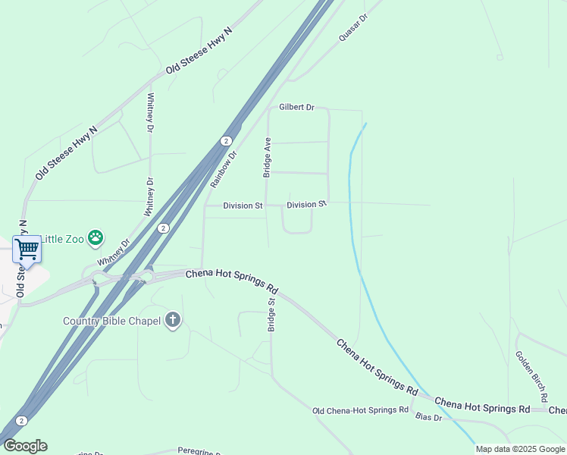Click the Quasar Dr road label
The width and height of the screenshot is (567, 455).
click(353, 27)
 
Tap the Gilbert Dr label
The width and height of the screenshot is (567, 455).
click(296, 108)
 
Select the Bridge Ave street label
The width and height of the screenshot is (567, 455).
click(267, 158)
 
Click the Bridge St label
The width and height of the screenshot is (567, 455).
click(271, 314)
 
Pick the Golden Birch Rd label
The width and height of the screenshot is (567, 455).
click(531, 375)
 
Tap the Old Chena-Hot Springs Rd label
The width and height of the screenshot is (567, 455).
click(361, 411)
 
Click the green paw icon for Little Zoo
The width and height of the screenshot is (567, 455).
click(96, 239)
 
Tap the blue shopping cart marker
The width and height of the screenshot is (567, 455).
click(27, 249)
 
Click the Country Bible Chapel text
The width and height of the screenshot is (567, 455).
click(111, 321)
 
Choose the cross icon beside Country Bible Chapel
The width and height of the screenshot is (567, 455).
click(173, 320)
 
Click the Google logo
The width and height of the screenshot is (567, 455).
click(25, 446)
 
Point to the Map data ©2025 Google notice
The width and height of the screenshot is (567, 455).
click(520, 449)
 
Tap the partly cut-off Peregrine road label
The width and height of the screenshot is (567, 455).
click(201, 450)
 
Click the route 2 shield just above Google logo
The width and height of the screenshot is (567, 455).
click(21, 421)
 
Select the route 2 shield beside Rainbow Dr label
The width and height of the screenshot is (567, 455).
click(226, 141)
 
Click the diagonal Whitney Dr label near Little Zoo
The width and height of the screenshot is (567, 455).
click(114, 253)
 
